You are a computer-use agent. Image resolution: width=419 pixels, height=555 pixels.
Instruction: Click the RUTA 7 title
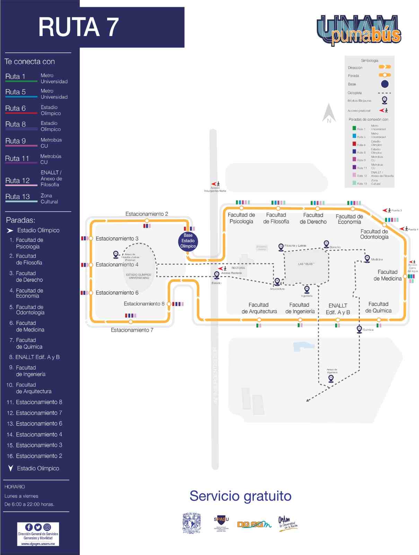(79, 27)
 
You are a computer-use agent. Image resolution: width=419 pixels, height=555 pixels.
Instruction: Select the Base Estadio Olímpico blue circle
(188, 241)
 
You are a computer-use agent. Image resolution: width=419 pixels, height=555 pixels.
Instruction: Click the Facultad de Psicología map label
(241, 218)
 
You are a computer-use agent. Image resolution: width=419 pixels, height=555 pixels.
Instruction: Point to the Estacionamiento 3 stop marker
(91, 238)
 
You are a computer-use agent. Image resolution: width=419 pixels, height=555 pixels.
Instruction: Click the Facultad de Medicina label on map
(387, 275)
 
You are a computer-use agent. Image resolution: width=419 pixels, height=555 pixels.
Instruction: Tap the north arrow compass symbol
(329, 113)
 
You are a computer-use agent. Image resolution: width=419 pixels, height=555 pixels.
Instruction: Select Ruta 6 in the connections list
(16, 108)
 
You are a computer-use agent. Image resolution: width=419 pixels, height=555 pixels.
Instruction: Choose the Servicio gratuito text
(240, 496)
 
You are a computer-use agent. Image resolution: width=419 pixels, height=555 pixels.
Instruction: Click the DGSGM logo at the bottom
(254, 524)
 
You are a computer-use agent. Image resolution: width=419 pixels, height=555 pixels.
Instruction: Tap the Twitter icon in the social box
(38, 527)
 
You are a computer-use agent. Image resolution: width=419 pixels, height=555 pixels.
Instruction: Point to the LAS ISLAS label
(306, 264)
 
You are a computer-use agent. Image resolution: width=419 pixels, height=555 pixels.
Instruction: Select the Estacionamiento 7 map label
(132, 330)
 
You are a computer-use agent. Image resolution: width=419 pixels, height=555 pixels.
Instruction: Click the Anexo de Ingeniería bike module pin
(331, 378)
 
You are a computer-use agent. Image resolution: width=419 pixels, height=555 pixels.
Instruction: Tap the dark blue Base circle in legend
(385, 84)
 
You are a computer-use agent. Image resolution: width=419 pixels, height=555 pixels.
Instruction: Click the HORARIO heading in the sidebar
(15, 487)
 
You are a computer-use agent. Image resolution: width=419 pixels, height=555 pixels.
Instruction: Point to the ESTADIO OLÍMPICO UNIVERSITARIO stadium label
(139, 276)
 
